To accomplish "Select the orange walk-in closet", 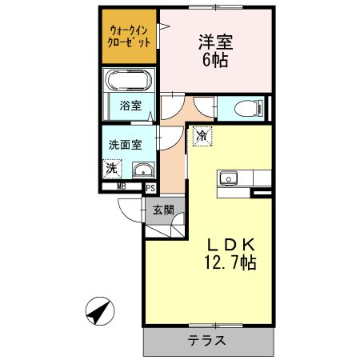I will pyautogui.click(x=128, y=37).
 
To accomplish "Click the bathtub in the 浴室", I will pyautogui.click(x=128, y=82).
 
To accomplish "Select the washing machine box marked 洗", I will pyautogui.click(x=112, y=168).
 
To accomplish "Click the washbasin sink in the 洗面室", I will pyautogui.click(x=142, y=169).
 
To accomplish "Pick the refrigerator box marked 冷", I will pyautogui.click(x=202, y=136).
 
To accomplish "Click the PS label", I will pyautogui.click(x=150, y=188).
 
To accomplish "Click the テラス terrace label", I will pyautogui.click(x=206, y=340).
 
